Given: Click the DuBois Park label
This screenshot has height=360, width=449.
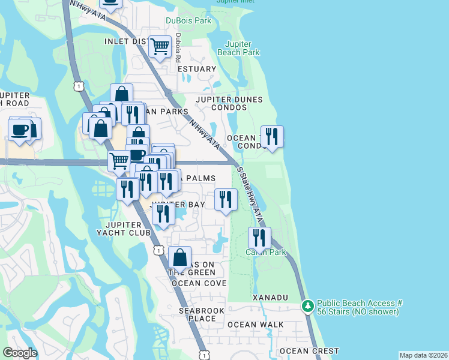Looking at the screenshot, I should point(188,21).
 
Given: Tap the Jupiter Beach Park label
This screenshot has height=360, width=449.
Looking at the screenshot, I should point(242,49).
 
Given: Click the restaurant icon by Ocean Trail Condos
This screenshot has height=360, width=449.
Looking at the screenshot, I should point(272,137).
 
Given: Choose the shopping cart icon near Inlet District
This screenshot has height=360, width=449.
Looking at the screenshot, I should point(160,46).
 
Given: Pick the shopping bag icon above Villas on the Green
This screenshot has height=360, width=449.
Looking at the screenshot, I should point(180,258).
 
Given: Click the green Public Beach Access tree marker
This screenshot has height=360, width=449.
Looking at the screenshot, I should point(308,307).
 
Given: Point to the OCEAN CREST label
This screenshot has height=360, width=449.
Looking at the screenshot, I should point(309,351).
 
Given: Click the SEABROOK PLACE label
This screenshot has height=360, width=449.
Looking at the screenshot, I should point(197,314).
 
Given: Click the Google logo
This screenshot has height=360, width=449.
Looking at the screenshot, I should point(20,353).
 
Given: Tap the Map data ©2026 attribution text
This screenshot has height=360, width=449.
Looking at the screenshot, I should point(423,355).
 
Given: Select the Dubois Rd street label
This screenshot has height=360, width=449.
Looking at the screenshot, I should point(178,47).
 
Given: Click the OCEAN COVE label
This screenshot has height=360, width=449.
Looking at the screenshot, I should point(199,283).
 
